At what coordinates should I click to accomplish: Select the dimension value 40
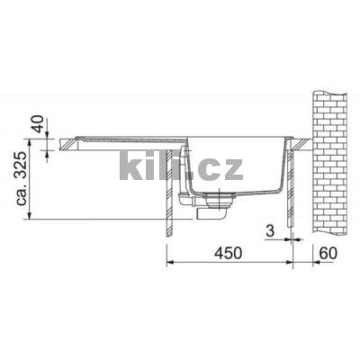[x=36, y=122]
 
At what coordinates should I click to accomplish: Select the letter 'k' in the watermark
[x=130, y=168]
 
